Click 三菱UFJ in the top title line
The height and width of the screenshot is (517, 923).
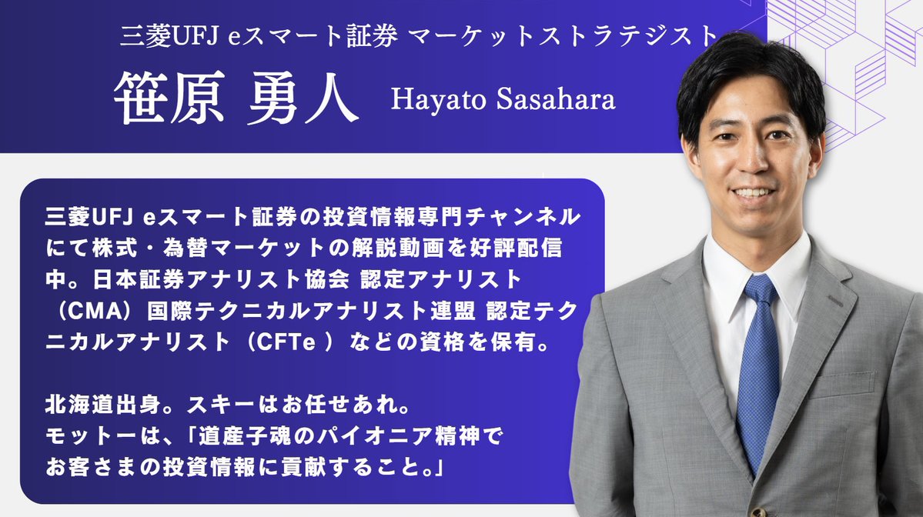[x=170, y=37]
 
